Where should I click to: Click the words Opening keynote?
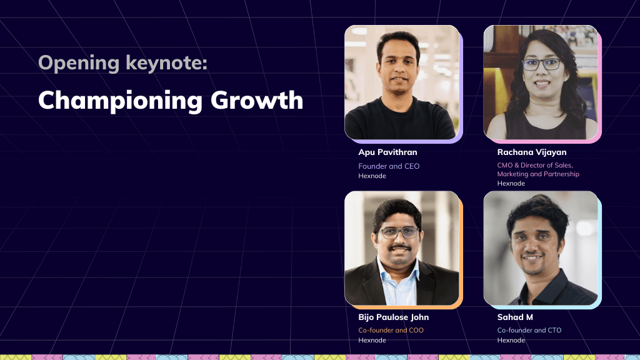click(x=122, y=62)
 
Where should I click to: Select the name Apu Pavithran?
click(x=387, y=152)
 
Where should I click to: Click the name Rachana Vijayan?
click(x=531, y=152)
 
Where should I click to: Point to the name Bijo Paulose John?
click(x=393, y=317)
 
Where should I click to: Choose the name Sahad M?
click(x=515, y=317)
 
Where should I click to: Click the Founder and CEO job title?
click(x=389, y=166)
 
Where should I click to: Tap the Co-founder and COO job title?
click(x=391, y=330)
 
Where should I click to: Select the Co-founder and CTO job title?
click(x=529, y=330)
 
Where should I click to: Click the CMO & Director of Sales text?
click(x=534, y=165)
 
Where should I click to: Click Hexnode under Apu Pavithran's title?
click(x=372, y=176)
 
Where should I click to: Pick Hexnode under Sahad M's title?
click(x=511, y=340)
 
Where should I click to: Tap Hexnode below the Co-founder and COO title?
click(x=372, y=340)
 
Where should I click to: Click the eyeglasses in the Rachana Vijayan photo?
click(x=541, y=64)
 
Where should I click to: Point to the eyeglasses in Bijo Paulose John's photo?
click(x=398, y=232)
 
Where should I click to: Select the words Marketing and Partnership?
click(x=537, y=174)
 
